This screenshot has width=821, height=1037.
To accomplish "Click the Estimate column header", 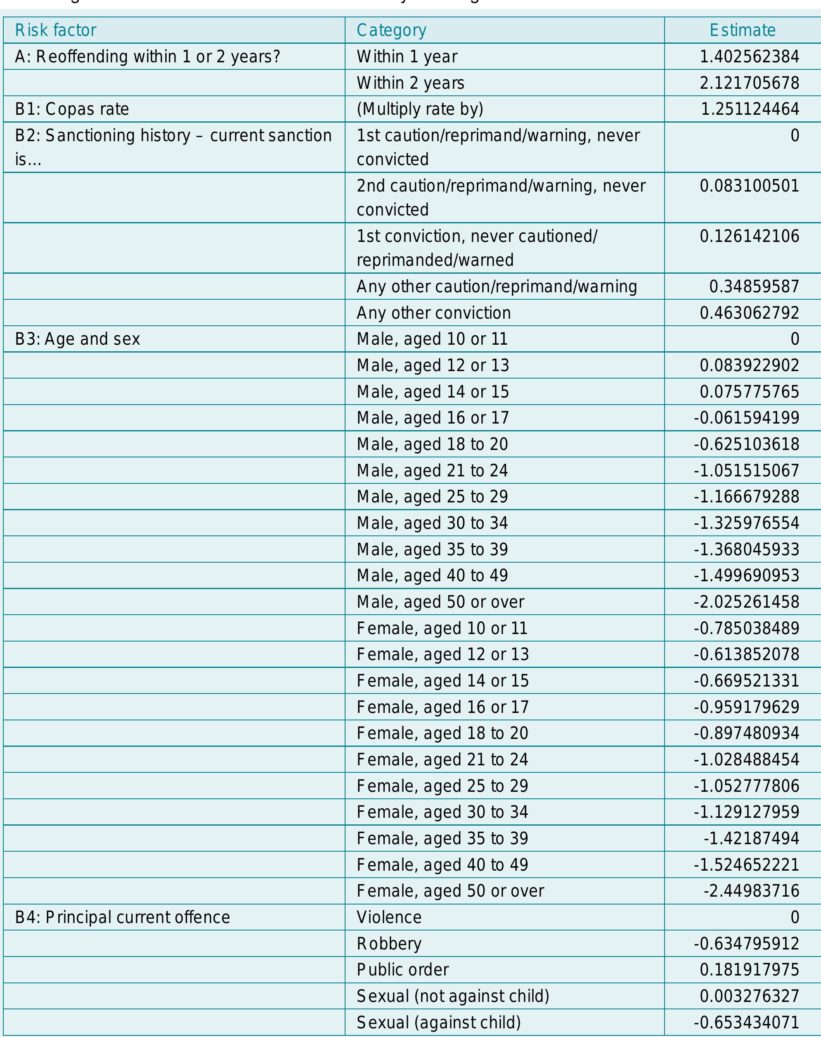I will click(x=742, y=30).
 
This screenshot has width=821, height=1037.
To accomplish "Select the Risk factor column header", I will click(x=56, y=30).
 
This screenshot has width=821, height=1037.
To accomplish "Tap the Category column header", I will click(x=391, y=30).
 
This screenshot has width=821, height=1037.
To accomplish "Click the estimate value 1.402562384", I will click(x=749, y=57).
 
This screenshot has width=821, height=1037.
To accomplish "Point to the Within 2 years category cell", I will click(x=410, y=83).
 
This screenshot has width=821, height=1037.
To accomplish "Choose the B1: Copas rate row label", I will click(x=72, y=109).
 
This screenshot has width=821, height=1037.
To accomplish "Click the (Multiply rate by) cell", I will click(x=420, y=109).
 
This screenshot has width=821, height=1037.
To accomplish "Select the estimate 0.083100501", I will click(x=749, y=186).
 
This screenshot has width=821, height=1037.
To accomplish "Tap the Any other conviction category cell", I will click(x=433, y=313).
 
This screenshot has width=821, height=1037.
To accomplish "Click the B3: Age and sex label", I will click(x=77, y=339).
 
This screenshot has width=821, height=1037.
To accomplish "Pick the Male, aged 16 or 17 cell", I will click(x=432, y=418).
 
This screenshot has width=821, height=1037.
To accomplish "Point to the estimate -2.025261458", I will click(x=746, y=602).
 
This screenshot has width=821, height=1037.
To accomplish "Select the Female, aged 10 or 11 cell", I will click(x=442, y=628).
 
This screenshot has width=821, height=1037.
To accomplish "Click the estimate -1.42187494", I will click(x=751, y=838).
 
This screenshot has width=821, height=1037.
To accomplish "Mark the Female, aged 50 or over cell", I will click(x=450, y=891).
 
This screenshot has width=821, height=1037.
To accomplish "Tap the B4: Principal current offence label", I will click(x=123, y=917).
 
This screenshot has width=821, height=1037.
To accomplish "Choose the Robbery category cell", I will click(x=389, y=944).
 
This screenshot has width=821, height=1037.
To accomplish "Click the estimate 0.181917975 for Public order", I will click(x=749, y=970).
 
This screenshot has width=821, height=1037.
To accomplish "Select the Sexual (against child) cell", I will click(x=438, y=1022).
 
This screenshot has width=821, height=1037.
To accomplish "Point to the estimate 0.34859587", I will click(x=754, y=286).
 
